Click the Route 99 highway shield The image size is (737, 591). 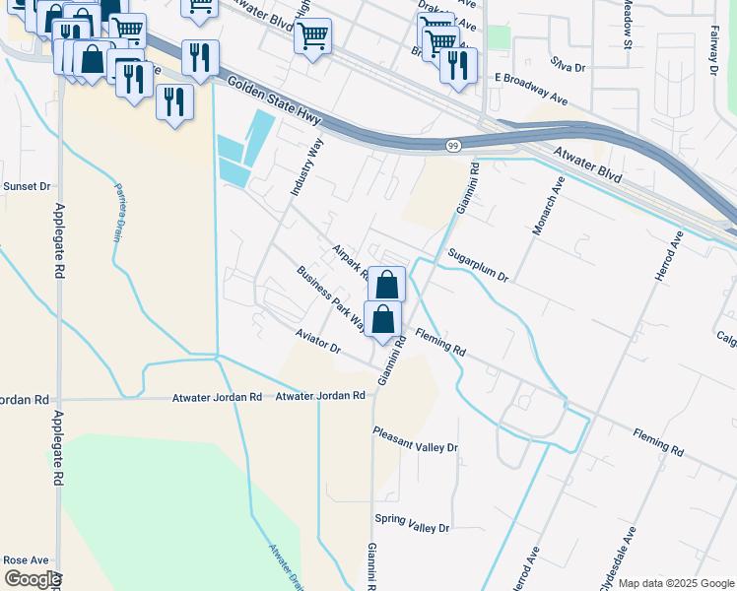(452, 145)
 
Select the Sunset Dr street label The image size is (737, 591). (27, 186)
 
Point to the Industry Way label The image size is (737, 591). (303, 166)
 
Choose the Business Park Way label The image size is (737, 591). (331, 298)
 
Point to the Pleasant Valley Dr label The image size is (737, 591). (415, 439)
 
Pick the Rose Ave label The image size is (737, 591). (26, 559)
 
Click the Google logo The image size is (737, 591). (32, 579)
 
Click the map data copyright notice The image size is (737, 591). (675, 583)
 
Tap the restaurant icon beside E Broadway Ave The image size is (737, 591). (458, 66)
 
